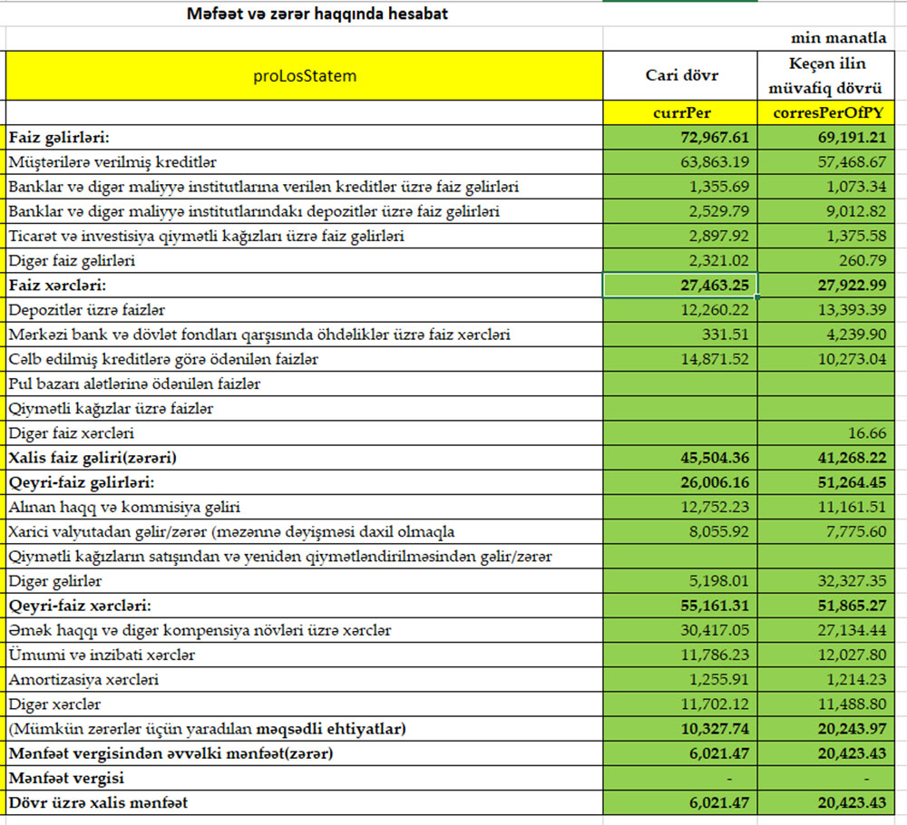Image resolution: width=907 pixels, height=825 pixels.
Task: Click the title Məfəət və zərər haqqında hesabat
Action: [x=317, y=15]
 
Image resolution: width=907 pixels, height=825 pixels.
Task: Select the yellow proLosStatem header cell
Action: [x=305, y=76]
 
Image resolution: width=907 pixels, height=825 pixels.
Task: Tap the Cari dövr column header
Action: [x=681, y=75]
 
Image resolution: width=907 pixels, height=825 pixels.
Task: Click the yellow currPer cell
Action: [x=681, y=113]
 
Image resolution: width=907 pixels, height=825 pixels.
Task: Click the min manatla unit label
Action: [x=839, y=39]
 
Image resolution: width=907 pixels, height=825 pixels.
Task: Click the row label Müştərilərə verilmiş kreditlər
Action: [x=113, y=162]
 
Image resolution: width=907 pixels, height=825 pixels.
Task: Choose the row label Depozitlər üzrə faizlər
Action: [x=87, y=310]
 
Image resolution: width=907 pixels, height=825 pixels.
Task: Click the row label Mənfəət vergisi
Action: [x=67, y=778]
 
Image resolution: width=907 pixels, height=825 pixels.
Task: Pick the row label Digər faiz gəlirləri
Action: [x=72, y=261]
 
